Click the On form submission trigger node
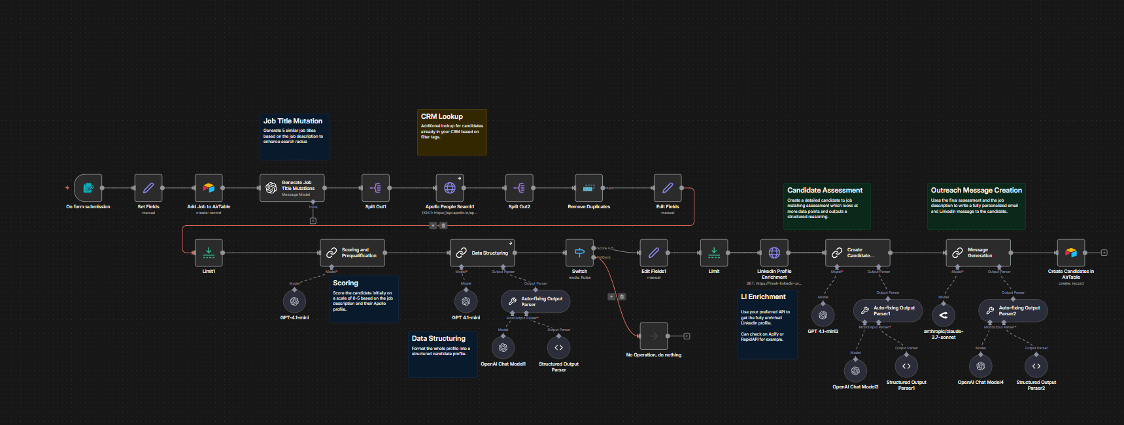88,188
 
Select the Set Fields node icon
148,188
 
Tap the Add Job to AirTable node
209,188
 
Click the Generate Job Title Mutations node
292,188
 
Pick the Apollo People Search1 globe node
450,188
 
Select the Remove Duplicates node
588,188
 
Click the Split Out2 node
519,188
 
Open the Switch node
579,253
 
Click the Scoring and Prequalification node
352,253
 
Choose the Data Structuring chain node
483,253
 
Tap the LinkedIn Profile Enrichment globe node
774,253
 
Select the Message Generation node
978,253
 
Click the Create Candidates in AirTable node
1071,253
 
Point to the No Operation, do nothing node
653,336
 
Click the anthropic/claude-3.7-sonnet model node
943,315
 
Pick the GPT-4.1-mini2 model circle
823,315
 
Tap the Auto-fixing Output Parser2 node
1013,311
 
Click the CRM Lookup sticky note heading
442,116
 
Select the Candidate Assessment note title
825,191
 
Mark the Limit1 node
209,253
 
